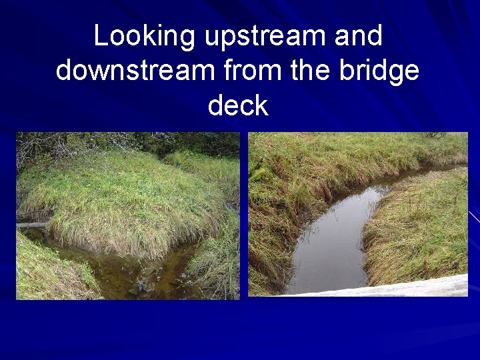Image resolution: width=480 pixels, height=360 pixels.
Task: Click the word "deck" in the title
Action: click(x=238, y=105)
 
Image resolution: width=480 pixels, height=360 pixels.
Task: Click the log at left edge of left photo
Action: click(x=32, y=225)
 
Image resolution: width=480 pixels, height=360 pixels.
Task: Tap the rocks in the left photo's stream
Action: click(x=140, y=287)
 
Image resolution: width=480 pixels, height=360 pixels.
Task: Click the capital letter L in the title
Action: click(x=100, y=36)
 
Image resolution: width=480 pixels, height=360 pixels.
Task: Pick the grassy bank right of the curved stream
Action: click(x=420, y=227)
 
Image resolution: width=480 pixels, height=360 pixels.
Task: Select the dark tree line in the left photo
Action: click(x=167, y=141)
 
